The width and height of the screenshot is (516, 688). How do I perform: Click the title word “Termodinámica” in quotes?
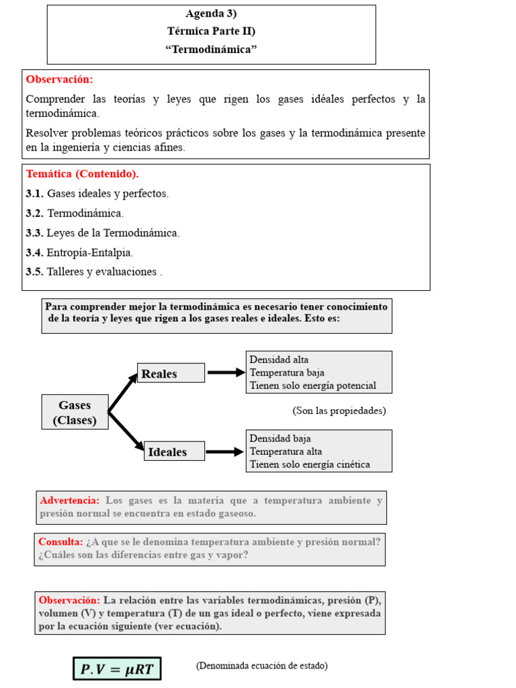click(211, 49)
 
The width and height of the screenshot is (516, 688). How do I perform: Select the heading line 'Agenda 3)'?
click(211, 13)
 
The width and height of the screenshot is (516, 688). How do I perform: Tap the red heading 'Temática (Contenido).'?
click(82, 174)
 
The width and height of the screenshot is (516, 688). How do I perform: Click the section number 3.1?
click(34, 193)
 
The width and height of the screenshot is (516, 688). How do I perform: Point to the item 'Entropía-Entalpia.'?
click(90, 253)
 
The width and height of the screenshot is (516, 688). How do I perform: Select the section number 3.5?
click(34, 272)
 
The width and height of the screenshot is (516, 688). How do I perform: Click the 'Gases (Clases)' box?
click(75, 413)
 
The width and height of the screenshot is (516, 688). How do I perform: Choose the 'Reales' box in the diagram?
click(171, 374)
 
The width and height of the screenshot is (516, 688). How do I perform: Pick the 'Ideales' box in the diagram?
click(175, 452)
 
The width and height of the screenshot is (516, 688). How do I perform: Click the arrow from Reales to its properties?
click(226, 373)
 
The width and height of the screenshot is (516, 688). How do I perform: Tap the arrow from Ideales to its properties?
click(225, 452)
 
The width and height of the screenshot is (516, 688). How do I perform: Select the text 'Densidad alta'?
click(279, 360)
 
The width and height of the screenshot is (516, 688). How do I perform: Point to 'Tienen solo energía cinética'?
click(310, 464)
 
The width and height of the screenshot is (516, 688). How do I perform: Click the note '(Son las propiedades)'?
click(339, 411)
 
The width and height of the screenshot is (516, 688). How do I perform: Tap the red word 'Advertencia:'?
click(70, 501)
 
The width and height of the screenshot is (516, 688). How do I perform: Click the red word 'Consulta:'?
click(60, 542)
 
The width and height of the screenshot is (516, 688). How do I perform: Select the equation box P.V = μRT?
click(118, 669)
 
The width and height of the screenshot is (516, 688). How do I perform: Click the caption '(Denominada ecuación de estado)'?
click(261, 666)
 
